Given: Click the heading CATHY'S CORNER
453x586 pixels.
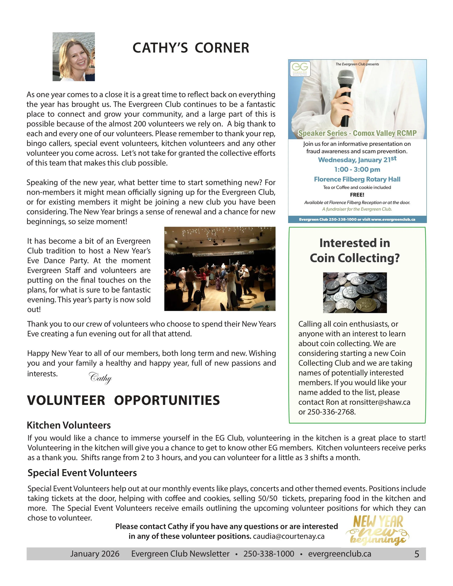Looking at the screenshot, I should pyautogui.click(x=191, y=48).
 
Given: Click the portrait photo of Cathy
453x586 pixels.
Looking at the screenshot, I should pyautogui.click(x=74, y=57).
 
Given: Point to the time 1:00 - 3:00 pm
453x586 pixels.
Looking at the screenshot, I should pyautogui.click(x=357, y=170).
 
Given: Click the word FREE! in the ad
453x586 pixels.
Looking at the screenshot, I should pyautogui.click(x=357, y=195).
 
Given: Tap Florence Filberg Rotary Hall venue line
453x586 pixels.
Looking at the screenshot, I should pyautogui.click(x=357, y=179).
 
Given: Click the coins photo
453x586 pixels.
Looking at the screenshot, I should pyautogui.click(x=355, y=293).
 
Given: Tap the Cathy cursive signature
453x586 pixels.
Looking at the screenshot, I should pyautogui.click(x=100, y=378).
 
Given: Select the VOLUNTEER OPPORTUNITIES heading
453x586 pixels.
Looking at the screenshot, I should pyautogui.click(x=123, y=400).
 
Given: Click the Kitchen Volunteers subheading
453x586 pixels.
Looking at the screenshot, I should pyautogui.click(x=69, y=425).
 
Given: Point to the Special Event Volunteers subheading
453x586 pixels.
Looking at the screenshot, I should pyautogui.click(x=82, y=473).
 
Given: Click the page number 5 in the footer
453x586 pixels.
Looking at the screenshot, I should pyautogui.click(x=417, y=554).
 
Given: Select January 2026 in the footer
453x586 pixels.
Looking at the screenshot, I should pyautogui.click(x=95, y=554).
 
